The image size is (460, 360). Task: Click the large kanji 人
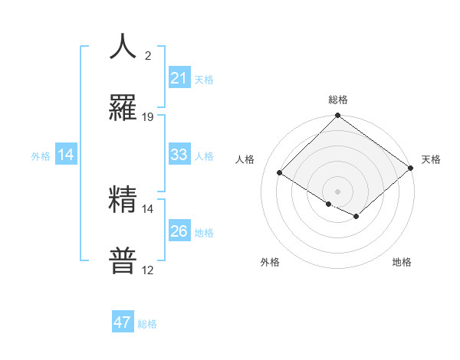pyautogui.click(x=123, y=47)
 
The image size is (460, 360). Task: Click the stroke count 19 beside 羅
pyautogui.click(x=148, y=117)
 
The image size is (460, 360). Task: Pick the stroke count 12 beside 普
pyautogui.click(x=148, y=270)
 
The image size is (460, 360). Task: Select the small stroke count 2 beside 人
pyautogui.click(x=148, y=56)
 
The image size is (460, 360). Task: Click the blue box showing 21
pyautogui.click(x=179, y=78)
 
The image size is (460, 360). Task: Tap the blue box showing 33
pyautogui.click(x=179, y=155)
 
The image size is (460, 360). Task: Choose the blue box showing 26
pyautogui.click(x=179, y=231)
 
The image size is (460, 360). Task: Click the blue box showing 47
pyautogui.click(x=123, y=322)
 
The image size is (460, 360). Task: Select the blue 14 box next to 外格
pyautogui.click(x=66, y=155)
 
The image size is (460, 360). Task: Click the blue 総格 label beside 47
pyautogui.click(x=147, y=324)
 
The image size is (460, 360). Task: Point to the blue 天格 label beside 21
pyautogui.click(x=204, y=79)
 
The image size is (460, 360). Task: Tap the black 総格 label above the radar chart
pyautogui.click(x=338, y=100)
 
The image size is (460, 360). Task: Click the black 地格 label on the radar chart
pyautogui.click(x=402, y=262)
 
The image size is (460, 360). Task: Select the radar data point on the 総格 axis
pyautogui.click(x=337, y=116)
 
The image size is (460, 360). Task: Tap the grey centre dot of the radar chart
pyautogui.click(x=337, y=191)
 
